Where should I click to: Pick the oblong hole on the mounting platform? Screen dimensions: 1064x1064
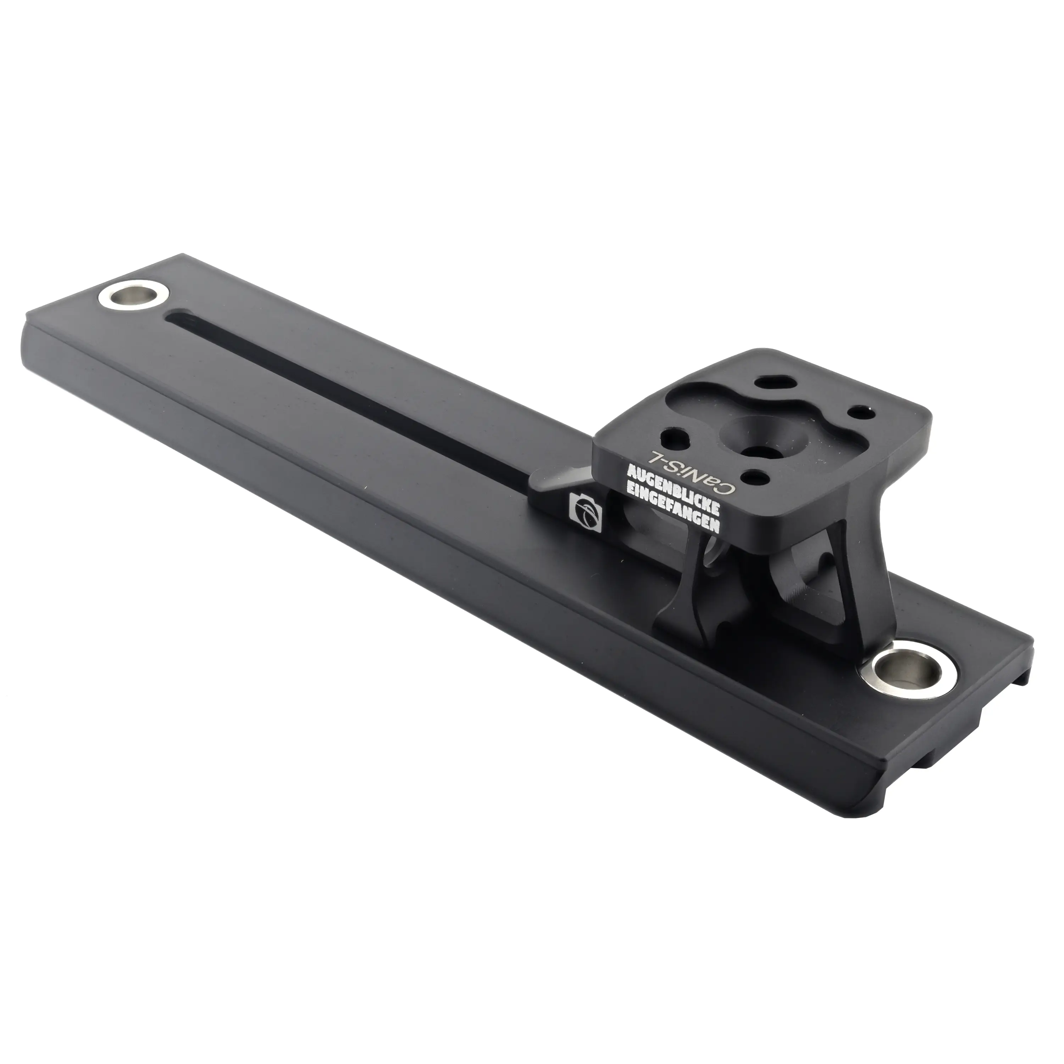[x=775, y=384]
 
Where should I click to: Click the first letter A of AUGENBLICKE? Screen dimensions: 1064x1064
[x=632, y=472]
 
